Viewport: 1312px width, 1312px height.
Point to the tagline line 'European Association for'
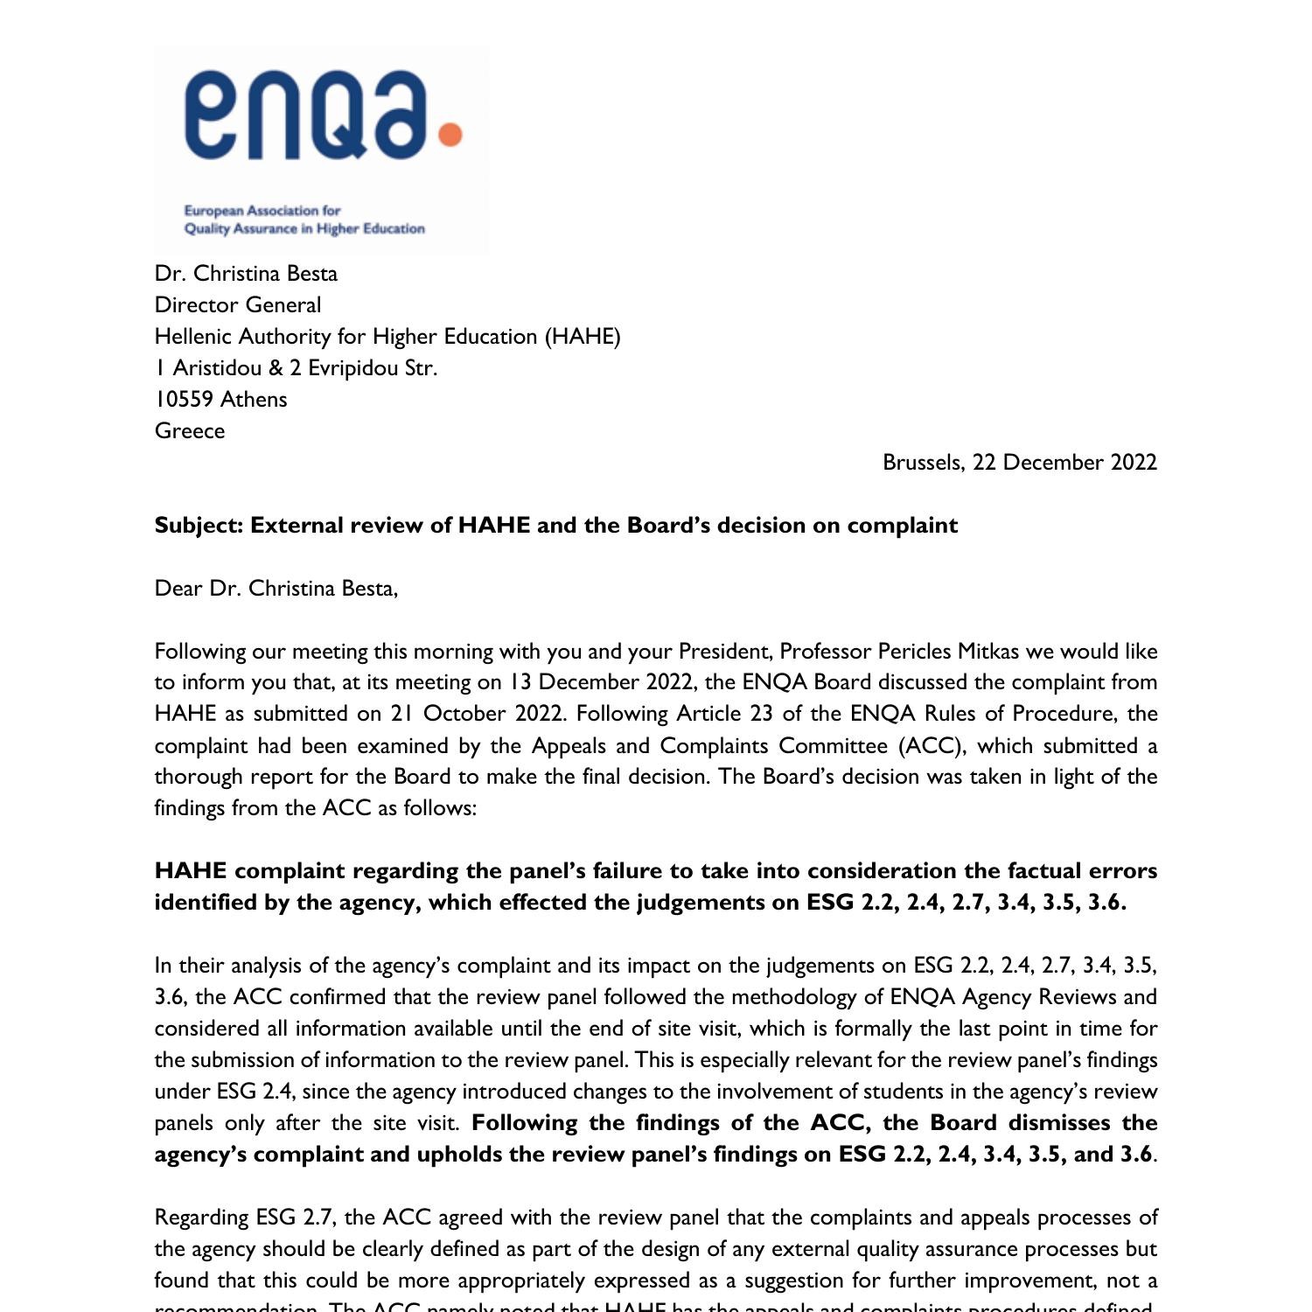(262, 211)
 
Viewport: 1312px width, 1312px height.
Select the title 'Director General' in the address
(238, 304)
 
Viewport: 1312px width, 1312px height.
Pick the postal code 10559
(184, 399)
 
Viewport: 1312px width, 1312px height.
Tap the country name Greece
(190, 430)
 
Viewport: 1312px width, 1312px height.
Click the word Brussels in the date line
(923, 462)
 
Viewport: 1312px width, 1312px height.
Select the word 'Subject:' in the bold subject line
(199, 525)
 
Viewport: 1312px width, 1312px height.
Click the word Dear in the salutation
(178, 588)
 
